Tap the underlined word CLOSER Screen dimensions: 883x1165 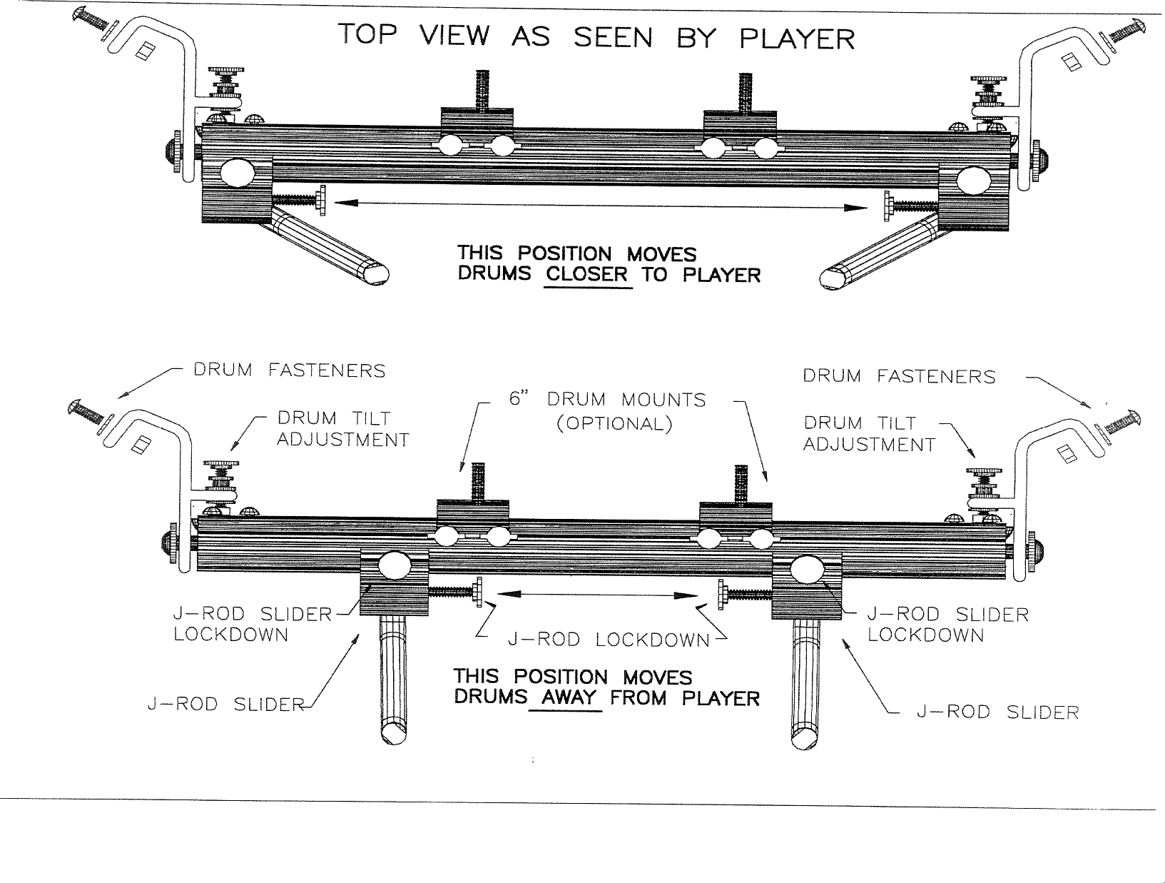(x=588, y=275)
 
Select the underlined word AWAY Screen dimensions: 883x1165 (x=568, y=697)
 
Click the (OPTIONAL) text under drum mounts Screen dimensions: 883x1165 (x=614, y=423)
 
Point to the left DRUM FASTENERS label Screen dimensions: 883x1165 (x=290, y=370)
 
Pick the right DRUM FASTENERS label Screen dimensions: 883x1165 (x=899, y=376)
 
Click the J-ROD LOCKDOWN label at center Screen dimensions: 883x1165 (x=609, y=640)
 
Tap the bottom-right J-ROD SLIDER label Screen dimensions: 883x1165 (x=997, y=712)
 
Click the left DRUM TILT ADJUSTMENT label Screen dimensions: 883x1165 (x=343, y=428)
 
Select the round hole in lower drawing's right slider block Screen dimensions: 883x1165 (x=806, y=568)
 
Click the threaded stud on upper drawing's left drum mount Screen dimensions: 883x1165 (x=482, y=89)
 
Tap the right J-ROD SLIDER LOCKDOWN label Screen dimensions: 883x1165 (x=947, y=625)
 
